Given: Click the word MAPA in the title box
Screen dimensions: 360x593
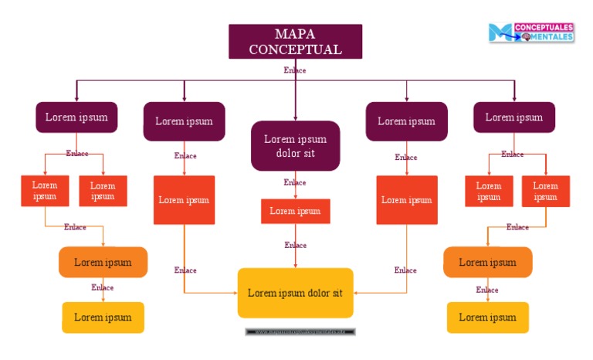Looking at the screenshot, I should [295, 34].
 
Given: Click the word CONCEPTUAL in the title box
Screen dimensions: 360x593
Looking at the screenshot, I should [295, 49].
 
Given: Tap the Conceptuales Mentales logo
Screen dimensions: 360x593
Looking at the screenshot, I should [530, 32].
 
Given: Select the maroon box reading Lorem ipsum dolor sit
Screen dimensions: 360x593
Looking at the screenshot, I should [295, 146].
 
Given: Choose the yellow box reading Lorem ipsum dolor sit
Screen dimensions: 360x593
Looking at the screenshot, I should [295, 293].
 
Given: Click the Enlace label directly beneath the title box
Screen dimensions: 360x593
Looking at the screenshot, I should [295, 70].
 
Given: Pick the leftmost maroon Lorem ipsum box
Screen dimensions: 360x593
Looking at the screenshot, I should [76, 117].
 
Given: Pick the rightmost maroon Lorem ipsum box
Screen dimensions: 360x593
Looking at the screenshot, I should [513, 117].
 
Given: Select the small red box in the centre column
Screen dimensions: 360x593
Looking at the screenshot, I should [295, 211].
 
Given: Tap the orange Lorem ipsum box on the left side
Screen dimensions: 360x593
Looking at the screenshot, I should [103, 262].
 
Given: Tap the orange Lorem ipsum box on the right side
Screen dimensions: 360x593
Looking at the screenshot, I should [487, 262].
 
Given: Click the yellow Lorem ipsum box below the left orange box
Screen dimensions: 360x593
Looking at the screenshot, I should [103, 317].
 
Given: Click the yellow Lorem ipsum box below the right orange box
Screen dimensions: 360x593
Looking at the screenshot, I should [487, 317].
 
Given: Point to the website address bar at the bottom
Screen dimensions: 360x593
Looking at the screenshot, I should [300, 332].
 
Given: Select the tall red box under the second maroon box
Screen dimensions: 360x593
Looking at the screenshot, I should [184, 200].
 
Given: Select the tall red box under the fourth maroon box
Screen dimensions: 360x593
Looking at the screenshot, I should [406, 200].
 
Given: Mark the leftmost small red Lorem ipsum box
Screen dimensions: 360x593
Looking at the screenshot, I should [45, 191].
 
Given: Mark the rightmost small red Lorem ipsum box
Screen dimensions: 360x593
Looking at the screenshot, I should [545, 191].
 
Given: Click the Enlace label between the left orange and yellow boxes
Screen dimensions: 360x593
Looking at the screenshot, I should [103, 287].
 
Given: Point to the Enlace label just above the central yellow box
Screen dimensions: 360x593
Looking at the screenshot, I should [295, 245].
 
